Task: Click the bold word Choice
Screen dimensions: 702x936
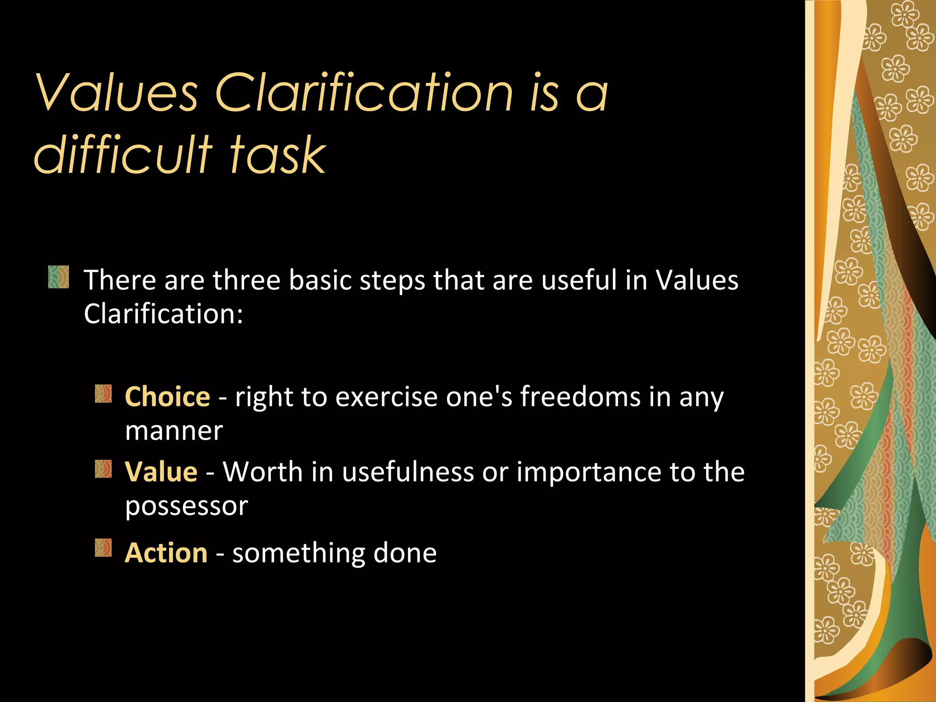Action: pos(167,396)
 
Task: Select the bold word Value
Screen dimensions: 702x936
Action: pos(161,472)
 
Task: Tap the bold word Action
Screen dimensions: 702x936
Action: pos(166,553)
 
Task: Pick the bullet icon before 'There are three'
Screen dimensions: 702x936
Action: pos(58,277)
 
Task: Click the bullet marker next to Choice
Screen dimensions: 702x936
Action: pos(103,394)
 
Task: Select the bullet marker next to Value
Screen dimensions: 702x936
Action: pos(103,469)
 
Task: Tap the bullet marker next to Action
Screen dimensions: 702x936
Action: pos(103,548)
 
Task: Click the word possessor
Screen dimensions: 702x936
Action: pos(186,506)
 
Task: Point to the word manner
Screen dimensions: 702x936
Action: pos(174,431)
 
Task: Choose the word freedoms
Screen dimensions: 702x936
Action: pos(580,396)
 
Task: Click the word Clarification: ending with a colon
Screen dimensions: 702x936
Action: pos(163,314)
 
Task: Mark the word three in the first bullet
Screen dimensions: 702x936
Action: pos(246,280)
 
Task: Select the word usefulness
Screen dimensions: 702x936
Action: pos(408,472)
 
